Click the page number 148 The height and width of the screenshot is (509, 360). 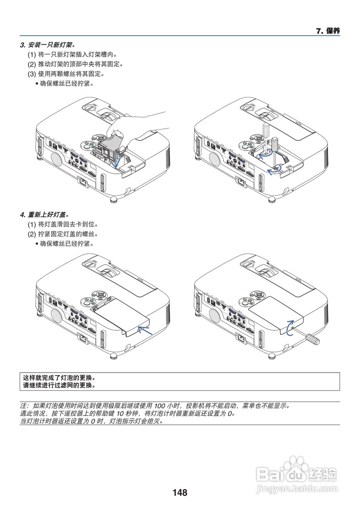point(180,493)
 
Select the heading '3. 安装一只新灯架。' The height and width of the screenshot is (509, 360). point(48,45)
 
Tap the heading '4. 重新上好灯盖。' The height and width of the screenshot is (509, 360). point(47,215)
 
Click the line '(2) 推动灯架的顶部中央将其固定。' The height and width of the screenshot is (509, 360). point(75,64)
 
